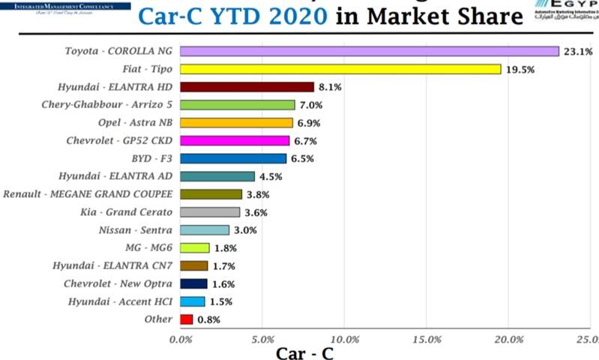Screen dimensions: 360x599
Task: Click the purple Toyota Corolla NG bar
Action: (x=370, y=51)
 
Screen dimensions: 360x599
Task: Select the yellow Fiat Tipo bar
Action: (x=340, y=69)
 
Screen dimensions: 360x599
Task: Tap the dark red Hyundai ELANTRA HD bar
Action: (x=247, y=87)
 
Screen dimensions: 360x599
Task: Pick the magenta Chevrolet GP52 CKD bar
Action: (x=235, y=140)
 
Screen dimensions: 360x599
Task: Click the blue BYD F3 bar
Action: (x=233, y=158)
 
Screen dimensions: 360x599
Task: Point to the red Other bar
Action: (x=187, y=319)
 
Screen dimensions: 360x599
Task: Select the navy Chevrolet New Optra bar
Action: (x=193, y=283)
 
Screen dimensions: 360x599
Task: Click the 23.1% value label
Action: (x=578, y=52)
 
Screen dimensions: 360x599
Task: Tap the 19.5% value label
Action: (x=520, y=69)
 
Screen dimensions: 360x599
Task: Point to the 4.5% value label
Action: (x=271, y=177)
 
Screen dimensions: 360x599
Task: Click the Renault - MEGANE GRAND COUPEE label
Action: (x=88, y=193)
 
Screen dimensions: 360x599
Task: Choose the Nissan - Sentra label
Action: (x=135, y=229)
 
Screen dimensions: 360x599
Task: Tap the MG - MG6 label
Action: (x=148, y=247)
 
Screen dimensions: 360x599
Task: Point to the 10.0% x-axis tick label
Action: (x=343, y=338)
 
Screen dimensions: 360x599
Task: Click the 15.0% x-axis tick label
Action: (x=426, y=338)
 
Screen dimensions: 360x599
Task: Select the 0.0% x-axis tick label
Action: (x=181, y=338)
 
